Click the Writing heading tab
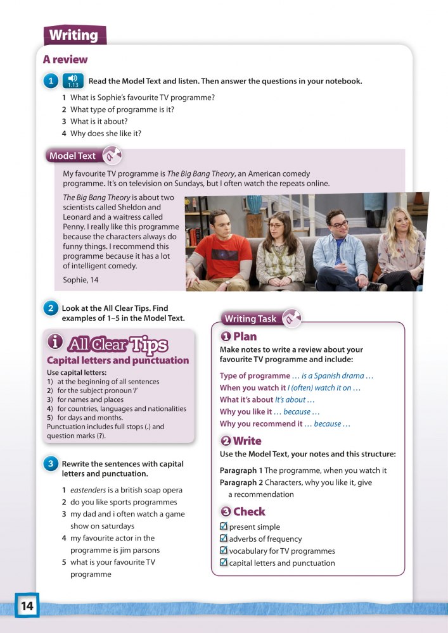pos(74,35)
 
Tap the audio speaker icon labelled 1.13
pos(73,81)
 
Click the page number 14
pos(27,606)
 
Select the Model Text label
pos(72,156)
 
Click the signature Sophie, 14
pos(81,279)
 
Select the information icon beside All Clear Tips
pos(55,342)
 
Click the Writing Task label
pos(250,318)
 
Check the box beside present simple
pos(223,527)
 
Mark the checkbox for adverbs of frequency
pos(223,539)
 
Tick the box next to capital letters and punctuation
pos(223,563)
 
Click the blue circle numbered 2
pos(51,309)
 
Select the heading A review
pos(65,60)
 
